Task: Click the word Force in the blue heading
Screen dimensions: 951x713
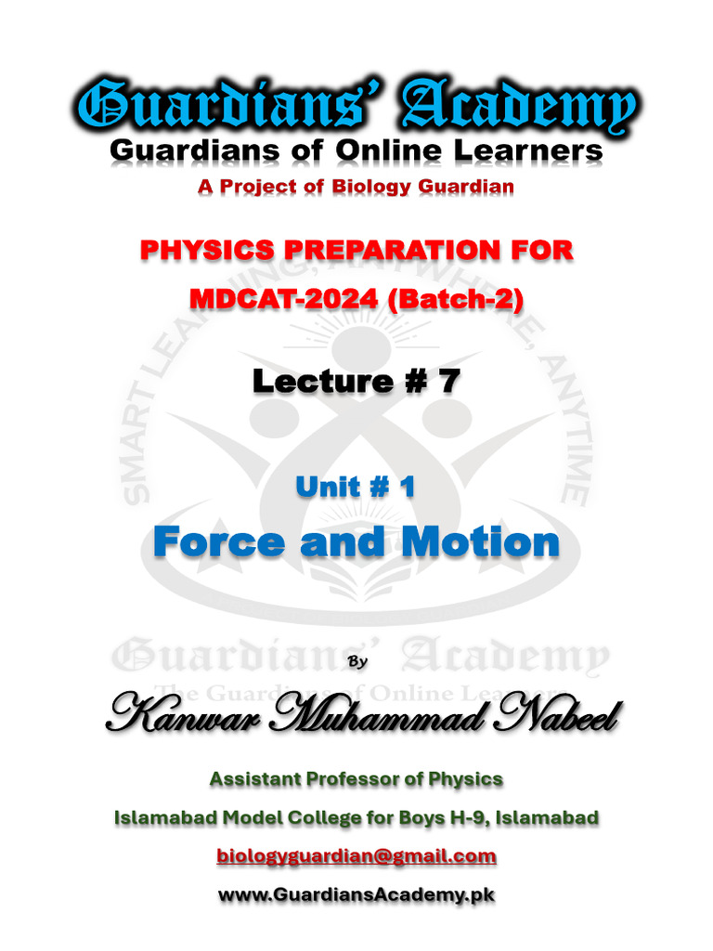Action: tap(218, 541)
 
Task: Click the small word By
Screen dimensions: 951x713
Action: tap(356, 661)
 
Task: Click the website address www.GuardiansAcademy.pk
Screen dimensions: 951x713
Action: tap(356, 895)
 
